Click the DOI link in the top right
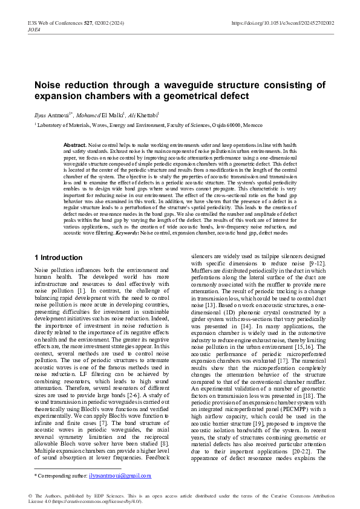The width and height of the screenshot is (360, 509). [283, 23]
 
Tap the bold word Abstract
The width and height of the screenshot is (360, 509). [75, 146]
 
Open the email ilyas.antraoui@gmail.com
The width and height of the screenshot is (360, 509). [120, 475]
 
